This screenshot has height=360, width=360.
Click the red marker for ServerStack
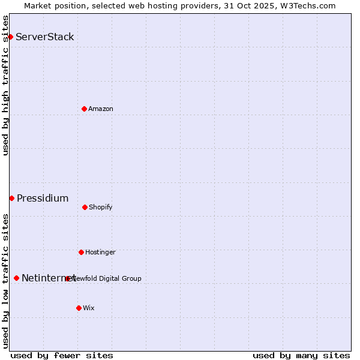tap(10, 37)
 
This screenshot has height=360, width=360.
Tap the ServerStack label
tap(45, 37)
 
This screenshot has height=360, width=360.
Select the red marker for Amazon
tap(84, 109)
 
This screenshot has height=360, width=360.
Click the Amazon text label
tap(101, 109)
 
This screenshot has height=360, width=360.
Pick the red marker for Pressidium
tap(11, 198)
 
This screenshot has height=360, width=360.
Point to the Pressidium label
tap(43, 199)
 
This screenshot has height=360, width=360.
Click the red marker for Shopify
tap(85, 207)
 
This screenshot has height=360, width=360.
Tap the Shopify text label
tap(101, 208)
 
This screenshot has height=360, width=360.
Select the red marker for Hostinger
tap(81, 252)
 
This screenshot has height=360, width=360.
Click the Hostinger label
tap(100, 253)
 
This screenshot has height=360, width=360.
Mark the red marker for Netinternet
tap(16, 278)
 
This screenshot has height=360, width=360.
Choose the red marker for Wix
tap(79, 308)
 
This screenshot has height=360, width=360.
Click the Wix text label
tap(89, 308)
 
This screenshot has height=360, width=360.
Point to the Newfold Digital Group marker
tap(67, 278)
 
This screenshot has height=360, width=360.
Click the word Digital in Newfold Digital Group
tap(109, 278)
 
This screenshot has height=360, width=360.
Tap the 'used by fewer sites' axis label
tap(62, 356)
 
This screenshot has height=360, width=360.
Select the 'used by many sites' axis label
tap(301, 356)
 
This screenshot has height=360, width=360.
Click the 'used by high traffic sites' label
tap(6, 85)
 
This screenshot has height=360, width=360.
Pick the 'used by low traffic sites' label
tap(6, 281)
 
